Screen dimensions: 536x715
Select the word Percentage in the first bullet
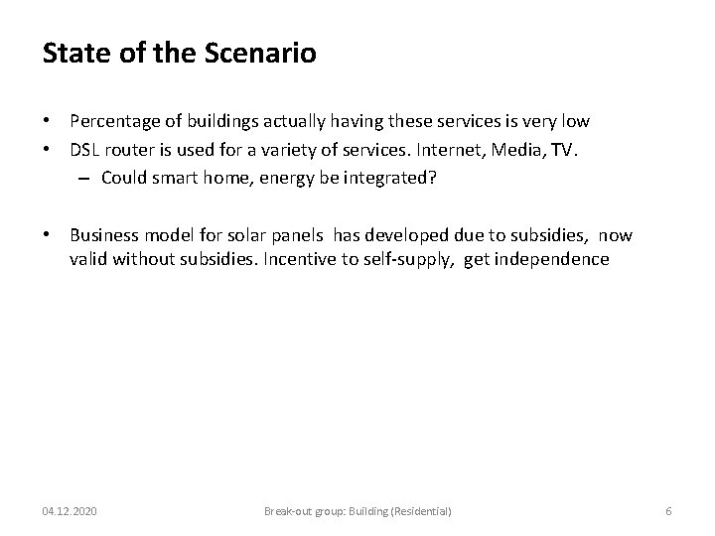click(113, 121)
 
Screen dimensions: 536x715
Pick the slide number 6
click(668, 510)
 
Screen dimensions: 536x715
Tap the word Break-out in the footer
click(287, 510)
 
